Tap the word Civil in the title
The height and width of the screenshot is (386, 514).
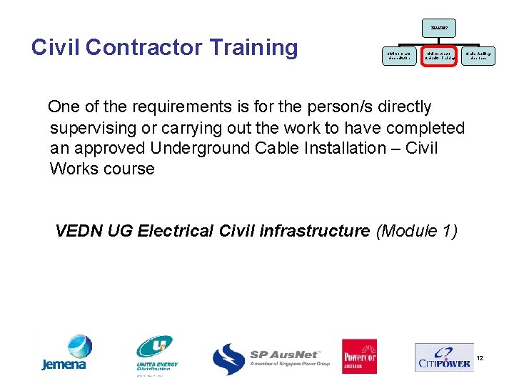click(x=57, y=48)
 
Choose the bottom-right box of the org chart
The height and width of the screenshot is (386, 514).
click(x=478, y=55)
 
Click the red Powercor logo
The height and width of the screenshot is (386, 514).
click(x=359, y=355)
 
